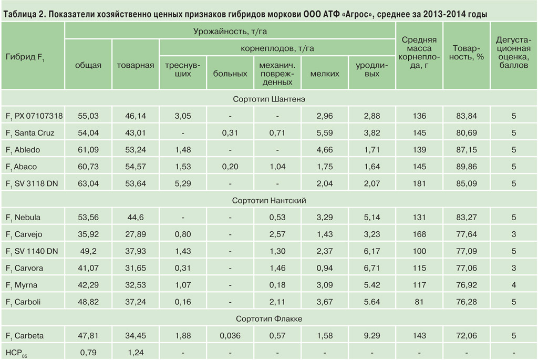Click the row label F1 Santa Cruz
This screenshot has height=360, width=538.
tap(30, 133)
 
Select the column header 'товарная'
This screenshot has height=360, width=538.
tap(136, 65)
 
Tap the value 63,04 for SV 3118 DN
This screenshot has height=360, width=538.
tap(88, 183)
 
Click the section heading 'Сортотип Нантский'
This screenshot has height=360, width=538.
tap(269, 200)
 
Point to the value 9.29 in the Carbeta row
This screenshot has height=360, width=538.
tap(372, 336)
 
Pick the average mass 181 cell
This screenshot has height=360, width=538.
tap(419, 183)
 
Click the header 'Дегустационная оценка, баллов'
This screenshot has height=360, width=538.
tap(514, 52)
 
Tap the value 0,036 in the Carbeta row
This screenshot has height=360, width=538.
tap(230, 336)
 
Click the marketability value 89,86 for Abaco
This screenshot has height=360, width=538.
tap(467, 167)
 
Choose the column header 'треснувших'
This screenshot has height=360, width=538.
tap(183, 69)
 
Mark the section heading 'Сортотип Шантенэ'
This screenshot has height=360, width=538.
tap(269, 98)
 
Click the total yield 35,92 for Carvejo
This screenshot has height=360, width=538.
tap(88, 234)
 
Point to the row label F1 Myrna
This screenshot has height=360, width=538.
tap(26, 285)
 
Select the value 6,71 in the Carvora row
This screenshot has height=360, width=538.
tap(372, 268)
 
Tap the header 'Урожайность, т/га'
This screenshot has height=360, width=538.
tap(230, 32)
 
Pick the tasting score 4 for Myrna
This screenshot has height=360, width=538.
tap(514, 285)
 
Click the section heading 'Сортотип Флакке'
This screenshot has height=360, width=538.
tap(269, 319)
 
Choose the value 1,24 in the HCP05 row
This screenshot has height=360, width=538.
tap(136, 352)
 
